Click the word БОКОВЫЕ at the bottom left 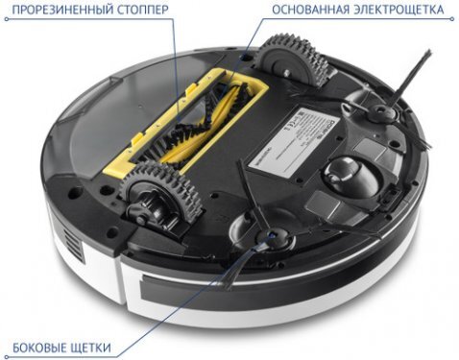41,347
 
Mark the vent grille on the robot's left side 60,237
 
